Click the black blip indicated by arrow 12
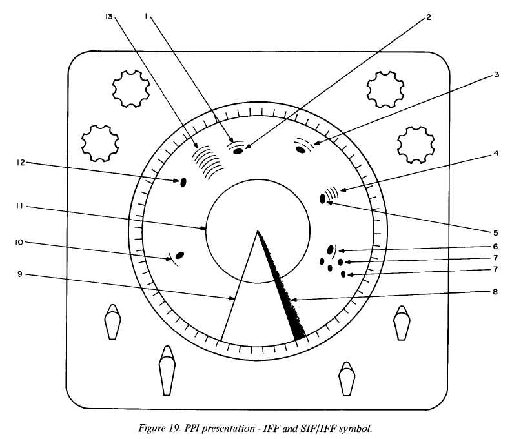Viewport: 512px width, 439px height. click(x=183, y=182)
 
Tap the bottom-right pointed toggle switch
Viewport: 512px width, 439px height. click(x=346, y=380)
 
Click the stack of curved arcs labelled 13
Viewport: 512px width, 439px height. click(x=208, y=160)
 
